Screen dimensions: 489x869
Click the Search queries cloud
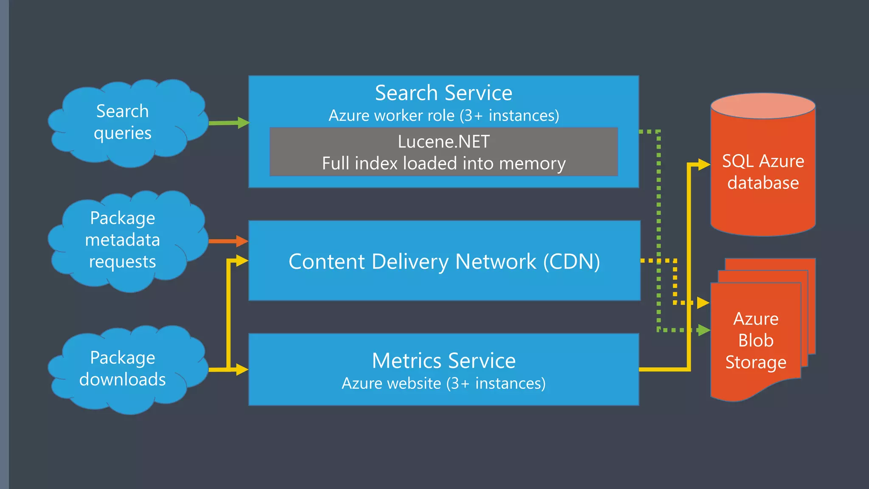123,122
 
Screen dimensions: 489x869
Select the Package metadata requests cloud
123,240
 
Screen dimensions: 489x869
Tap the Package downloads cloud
123,369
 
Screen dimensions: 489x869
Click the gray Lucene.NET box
444,152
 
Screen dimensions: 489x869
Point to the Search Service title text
444,93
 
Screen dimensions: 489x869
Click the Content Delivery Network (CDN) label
444,261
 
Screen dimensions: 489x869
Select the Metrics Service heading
444,361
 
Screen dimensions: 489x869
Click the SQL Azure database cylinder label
763,172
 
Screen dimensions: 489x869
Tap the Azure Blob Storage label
756,340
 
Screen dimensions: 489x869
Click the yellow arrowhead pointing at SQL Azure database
704,165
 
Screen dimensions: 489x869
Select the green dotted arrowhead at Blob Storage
704,330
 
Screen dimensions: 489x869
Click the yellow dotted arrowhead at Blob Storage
703,303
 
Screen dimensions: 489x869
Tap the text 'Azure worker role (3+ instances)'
444,115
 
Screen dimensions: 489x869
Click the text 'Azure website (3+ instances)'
444,383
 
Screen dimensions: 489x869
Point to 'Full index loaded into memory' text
444,163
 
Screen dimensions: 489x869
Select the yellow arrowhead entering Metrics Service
242,369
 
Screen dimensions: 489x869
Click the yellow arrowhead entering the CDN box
242,260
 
